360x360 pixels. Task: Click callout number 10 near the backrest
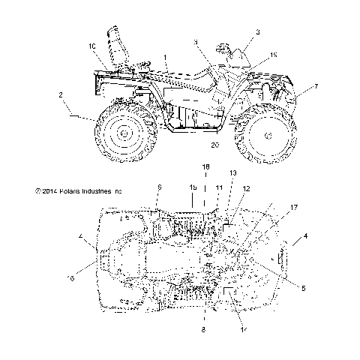[x=92, y=46]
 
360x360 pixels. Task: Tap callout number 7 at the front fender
[x=316, y=87]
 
